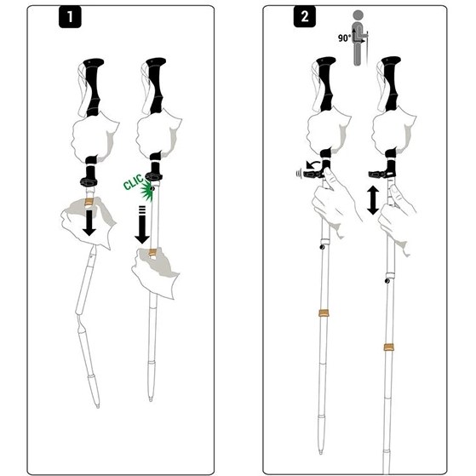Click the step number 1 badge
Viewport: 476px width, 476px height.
(x=70, y=17)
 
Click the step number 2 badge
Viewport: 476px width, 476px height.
(x=305, y=16)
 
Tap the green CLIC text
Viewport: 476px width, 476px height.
(x=133, y=181)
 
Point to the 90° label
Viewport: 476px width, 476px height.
(x=344, y=38)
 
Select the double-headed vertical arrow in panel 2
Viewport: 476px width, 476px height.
(x=373, y=200)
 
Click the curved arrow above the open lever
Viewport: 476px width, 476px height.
(x=313, y=165)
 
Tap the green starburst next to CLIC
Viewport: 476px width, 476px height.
(x=147, y=192)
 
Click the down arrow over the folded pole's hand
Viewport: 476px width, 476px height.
(x=89, y=222)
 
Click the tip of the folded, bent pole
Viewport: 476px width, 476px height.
(x=97, y=406)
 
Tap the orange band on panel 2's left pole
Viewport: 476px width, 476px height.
(x=324, y=313)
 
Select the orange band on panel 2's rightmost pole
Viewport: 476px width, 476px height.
(x=388, y=347)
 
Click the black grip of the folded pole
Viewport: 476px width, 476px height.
(x=94, y=87)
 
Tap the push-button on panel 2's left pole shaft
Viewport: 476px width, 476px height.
(x=322, y=248)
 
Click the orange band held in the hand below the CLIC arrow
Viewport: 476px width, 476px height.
(x=152, y=253)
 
